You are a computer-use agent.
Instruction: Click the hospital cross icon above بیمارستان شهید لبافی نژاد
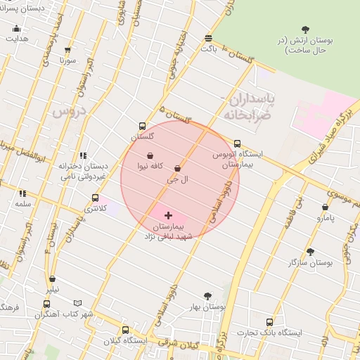168,215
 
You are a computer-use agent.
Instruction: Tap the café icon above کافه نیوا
150,155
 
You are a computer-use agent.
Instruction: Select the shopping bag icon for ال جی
176,169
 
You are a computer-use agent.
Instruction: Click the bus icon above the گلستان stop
143,126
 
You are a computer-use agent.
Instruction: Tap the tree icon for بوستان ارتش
304,29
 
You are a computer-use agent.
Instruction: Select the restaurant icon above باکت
208,38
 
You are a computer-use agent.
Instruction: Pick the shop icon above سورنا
67,50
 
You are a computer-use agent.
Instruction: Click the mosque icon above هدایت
17,28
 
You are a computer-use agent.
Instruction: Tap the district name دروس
67,111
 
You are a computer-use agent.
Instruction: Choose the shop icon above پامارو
325,207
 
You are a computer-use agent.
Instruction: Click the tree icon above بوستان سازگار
310,251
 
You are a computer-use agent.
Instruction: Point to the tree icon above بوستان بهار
207,296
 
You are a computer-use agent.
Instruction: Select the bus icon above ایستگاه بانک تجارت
269,322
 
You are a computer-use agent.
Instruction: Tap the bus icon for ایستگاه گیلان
125,330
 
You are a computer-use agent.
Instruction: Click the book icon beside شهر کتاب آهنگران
77,304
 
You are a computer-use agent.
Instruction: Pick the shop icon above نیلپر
52,279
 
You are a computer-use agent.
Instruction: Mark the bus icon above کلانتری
95,198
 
